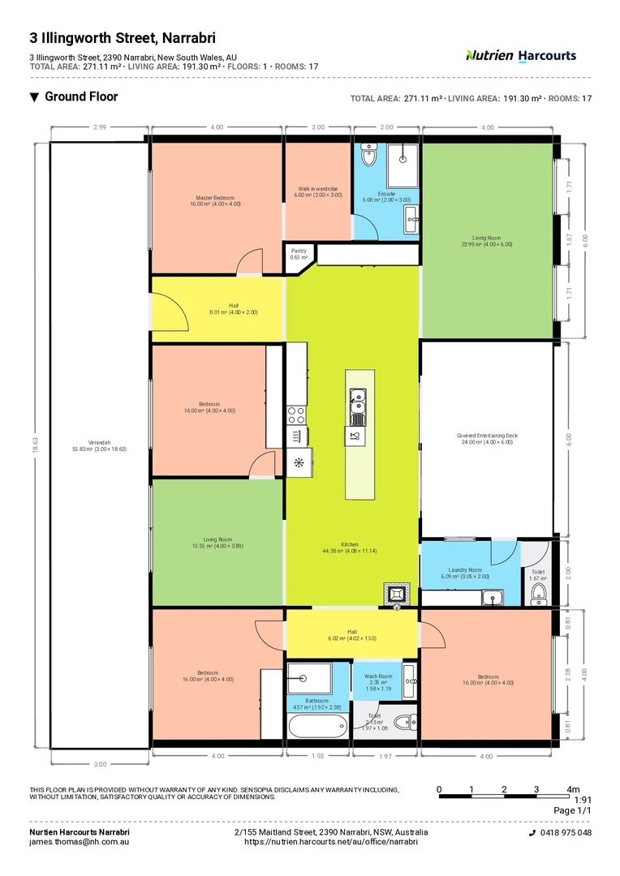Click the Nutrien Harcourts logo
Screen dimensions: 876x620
[x=520, y=55]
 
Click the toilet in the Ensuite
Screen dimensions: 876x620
[x=369, y=156]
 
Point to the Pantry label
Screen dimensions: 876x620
[x=299, y=254]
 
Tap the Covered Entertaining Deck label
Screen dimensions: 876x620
[x=487, y=439]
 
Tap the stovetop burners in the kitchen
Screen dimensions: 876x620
[x=296, y=415]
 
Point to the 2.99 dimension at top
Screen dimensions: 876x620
[x=99, y=127]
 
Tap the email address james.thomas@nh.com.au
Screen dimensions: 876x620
[x=80, y=842]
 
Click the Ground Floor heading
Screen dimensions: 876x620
[x=80, y=97]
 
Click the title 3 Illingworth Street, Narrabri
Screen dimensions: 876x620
[x=123, y=37]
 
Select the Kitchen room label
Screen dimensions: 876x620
[x=350, y=547]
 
